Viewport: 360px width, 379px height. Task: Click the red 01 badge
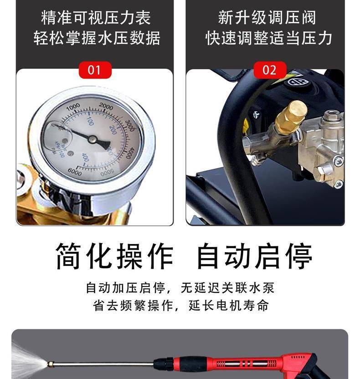pyautogui.click(x=95, y=70)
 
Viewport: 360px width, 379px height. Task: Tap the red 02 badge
pyautogui.click(x=270, y=70)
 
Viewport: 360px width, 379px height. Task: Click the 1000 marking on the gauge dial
pyautogui.click(x=73, y=106)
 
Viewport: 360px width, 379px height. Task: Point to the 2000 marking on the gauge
pyautogui.click(x=106, y=106)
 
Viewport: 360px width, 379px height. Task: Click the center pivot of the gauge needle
pyautogui.click(x=92, y=139)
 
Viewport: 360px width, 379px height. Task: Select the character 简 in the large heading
pyautogui.click(x=68, y=256)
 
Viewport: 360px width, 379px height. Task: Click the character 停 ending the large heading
pyautogui.click(x=298, y=256)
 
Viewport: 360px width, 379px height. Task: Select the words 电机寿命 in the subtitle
pyautogui.click(x=242, y=305)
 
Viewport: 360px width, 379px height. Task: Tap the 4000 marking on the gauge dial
pyautogui.click(x=130, y=153)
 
